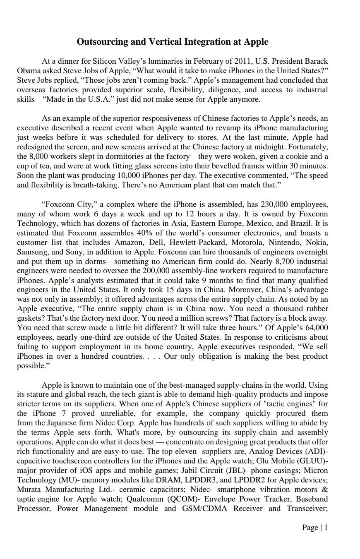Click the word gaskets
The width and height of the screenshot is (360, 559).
(30, 319)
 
